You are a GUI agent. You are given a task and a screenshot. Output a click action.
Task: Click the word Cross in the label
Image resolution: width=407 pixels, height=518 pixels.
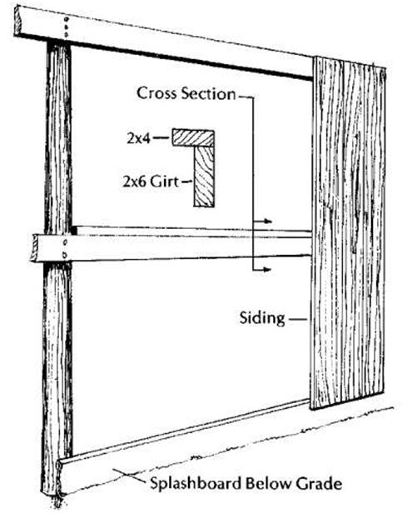(157, 93)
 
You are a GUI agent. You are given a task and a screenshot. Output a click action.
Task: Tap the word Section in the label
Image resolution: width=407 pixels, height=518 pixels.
(209, 93)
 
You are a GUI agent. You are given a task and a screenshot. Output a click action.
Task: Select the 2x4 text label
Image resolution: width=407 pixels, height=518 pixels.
(139, 138)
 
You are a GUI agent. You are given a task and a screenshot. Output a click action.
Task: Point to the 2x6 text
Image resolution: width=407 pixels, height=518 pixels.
(135, 182)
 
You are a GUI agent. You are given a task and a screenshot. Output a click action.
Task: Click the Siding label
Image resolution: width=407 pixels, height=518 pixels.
(262, 318)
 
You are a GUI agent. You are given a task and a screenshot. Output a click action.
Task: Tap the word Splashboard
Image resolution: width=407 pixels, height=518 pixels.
(196, 484)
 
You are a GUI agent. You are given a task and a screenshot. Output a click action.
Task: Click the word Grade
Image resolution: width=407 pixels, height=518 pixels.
(319, 484)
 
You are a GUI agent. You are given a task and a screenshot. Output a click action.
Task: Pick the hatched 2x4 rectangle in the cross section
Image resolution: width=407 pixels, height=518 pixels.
(193, 138)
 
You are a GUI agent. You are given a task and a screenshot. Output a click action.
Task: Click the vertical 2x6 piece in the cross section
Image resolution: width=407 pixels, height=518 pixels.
(204, 177)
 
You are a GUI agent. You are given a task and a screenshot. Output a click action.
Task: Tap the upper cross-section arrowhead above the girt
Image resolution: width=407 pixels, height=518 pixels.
(268, 222)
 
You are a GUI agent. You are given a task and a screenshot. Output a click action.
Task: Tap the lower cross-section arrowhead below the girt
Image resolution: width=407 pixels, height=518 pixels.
(268, 270)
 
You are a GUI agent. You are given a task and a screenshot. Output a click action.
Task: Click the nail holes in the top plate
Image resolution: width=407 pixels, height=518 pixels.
(67, 27)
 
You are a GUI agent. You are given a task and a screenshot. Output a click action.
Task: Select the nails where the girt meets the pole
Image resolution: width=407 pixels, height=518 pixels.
(65, 248)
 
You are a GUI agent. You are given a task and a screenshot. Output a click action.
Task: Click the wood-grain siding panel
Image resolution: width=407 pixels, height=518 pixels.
(348, 233)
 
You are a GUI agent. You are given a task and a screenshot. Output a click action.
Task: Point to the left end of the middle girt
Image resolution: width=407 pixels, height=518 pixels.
(33, 248)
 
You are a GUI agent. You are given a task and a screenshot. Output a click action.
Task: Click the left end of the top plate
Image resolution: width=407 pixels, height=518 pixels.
(17, 20)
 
